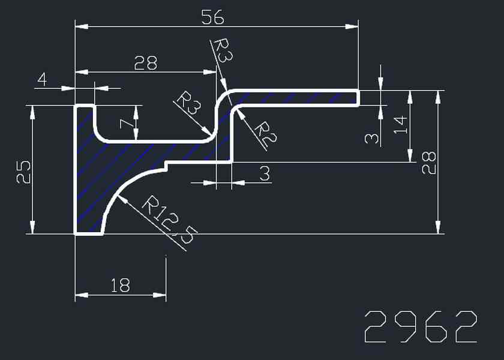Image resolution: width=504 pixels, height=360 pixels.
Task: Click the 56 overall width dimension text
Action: (x=213, y=18)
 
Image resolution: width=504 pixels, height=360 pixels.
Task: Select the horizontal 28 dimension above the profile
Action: (x=146, y=63)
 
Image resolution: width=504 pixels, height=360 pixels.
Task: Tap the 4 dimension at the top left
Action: (x=42, y=79)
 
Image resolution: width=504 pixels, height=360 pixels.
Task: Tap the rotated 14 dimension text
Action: (x=401, y=124)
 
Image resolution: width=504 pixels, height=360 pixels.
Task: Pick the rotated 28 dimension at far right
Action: (x=428, y=162)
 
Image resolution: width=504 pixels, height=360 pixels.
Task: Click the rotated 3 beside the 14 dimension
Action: (x=372, y=139)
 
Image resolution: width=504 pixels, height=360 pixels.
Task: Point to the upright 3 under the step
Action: (x=265, y=174)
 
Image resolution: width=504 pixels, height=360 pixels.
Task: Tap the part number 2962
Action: (x=420, y=327)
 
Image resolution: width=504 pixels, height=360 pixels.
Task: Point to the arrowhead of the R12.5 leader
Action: (x=124, y=200)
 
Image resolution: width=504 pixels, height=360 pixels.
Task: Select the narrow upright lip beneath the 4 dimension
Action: (x=85, y=120)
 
